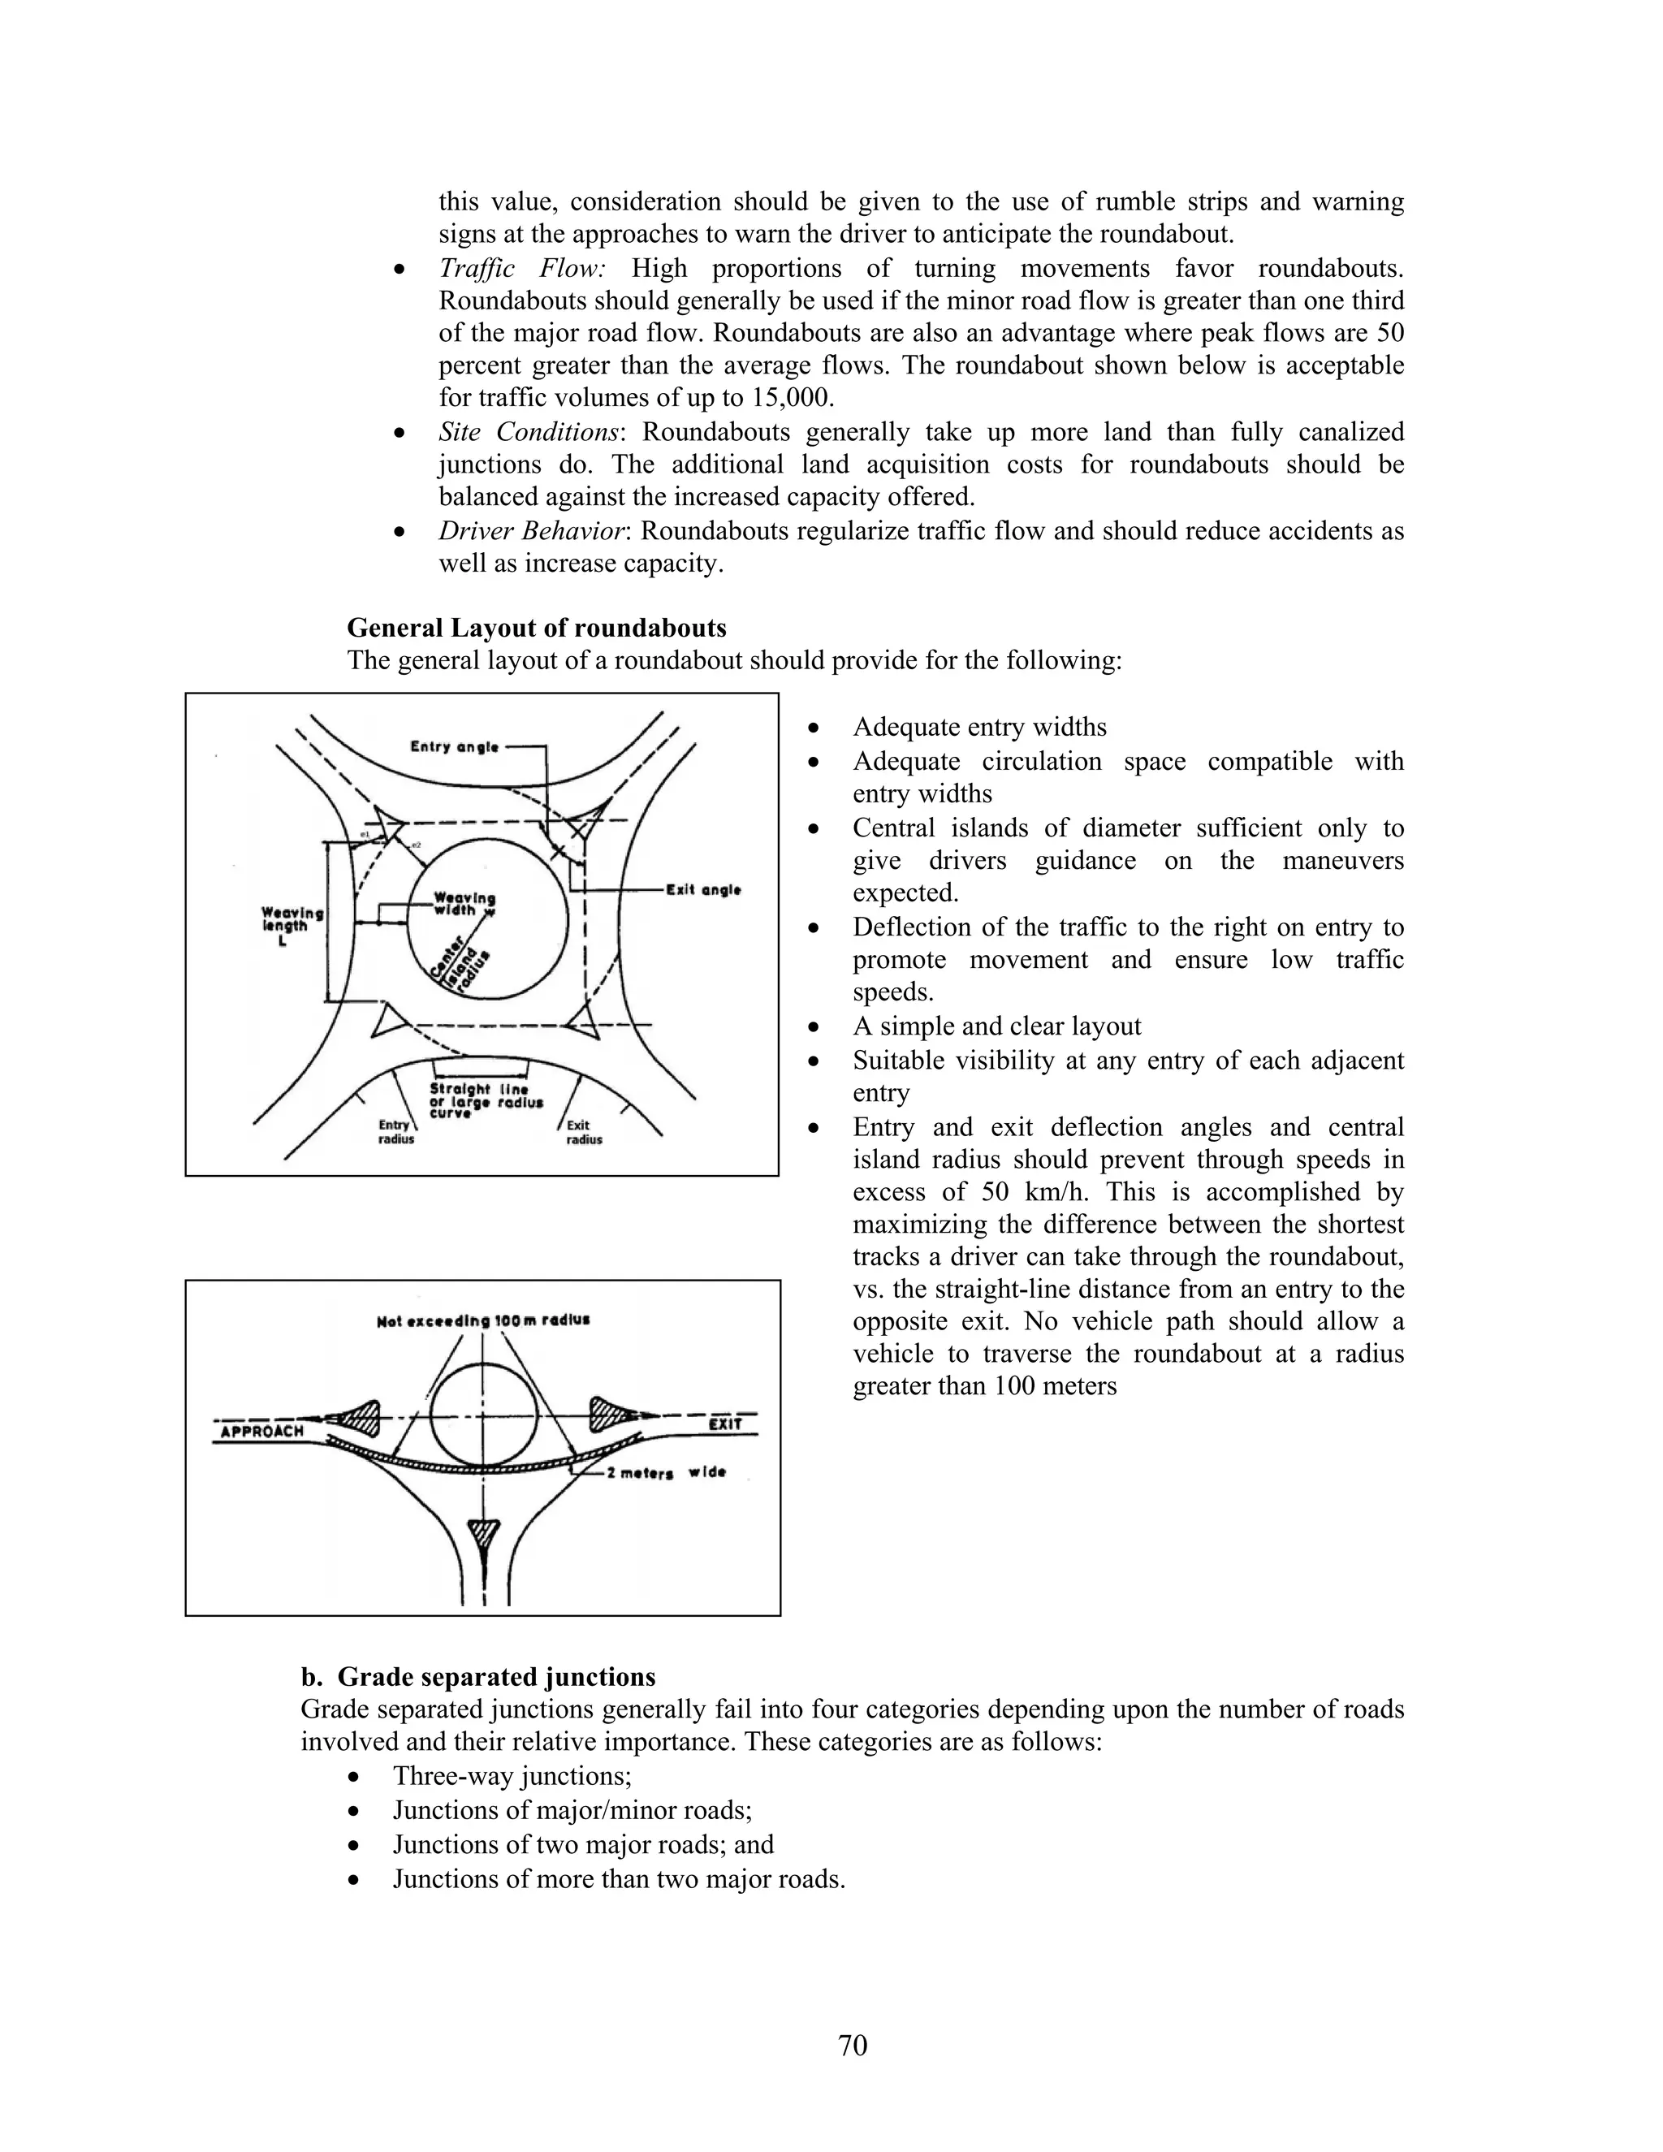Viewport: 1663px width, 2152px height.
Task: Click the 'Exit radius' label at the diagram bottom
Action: pyautogui.click(x=583, y=1132)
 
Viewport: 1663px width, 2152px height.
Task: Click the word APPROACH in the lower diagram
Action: pyautogui.click(x=262, y=1431)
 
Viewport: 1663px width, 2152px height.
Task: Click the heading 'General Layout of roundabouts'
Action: pyautogui.click(x=536, y=628)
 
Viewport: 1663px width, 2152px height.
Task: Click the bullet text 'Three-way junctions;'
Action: pyautogui.click(x=512, y=1775)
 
